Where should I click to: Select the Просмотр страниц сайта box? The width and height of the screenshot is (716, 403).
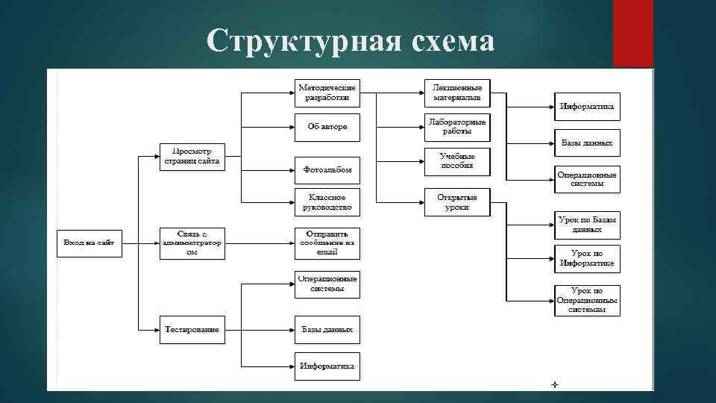click(192, 157)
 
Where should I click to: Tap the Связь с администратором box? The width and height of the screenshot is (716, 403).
click(192, 243)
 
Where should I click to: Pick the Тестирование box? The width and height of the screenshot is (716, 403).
click(192, 329)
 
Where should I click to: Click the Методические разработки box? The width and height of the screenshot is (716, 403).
click(327, 93)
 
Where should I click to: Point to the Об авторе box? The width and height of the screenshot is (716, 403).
click(327, 127)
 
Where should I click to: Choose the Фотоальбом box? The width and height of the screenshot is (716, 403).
click(327, 170)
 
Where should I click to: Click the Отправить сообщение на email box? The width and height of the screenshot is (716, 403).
click(327, 243)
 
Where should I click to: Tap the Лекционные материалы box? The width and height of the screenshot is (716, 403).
click(457, 93)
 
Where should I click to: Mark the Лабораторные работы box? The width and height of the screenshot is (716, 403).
click(457, 127)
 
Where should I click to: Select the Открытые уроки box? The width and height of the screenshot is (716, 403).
click(457, 201)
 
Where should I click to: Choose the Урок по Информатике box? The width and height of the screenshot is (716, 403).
click(588, 258)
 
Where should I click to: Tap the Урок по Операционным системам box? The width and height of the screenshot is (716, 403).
click(588, 300)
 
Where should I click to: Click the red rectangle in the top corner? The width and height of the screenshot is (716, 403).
click(632, 34)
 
